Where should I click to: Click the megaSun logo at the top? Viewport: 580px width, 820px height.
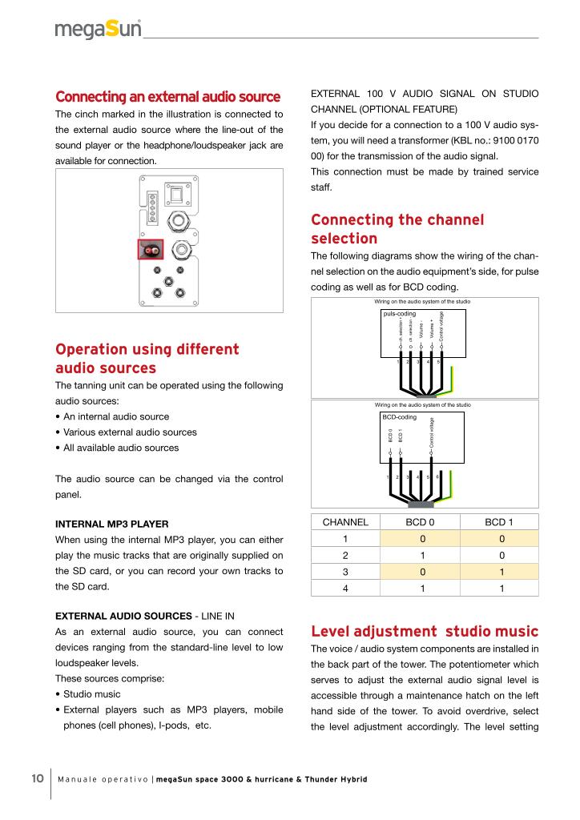[x=98, y=30]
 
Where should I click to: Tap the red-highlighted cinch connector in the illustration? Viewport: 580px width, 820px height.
[x=151, y=251]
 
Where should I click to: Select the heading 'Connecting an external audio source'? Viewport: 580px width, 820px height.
[x=167, y=97]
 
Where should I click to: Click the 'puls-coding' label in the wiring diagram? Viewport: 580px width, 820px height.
[x=401, y=313]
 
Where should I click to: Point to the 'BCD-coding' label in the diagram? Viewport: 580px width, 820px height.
[x=399, y=417]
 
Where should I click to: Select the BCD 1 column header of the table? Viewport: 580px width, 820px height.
[x=498, y=522]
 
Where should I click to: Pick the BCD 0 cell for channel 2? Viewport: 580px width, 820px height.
[x=422, y=554]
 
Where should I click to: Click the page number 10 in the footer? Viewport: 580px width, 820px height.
[x=37, y=779]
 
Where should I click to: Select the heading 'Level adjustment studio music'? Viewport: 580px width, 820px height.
[x=425, y=632]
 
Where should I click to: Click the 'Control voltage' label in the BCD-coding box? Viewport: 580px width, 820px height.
[x=432, y=432]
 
